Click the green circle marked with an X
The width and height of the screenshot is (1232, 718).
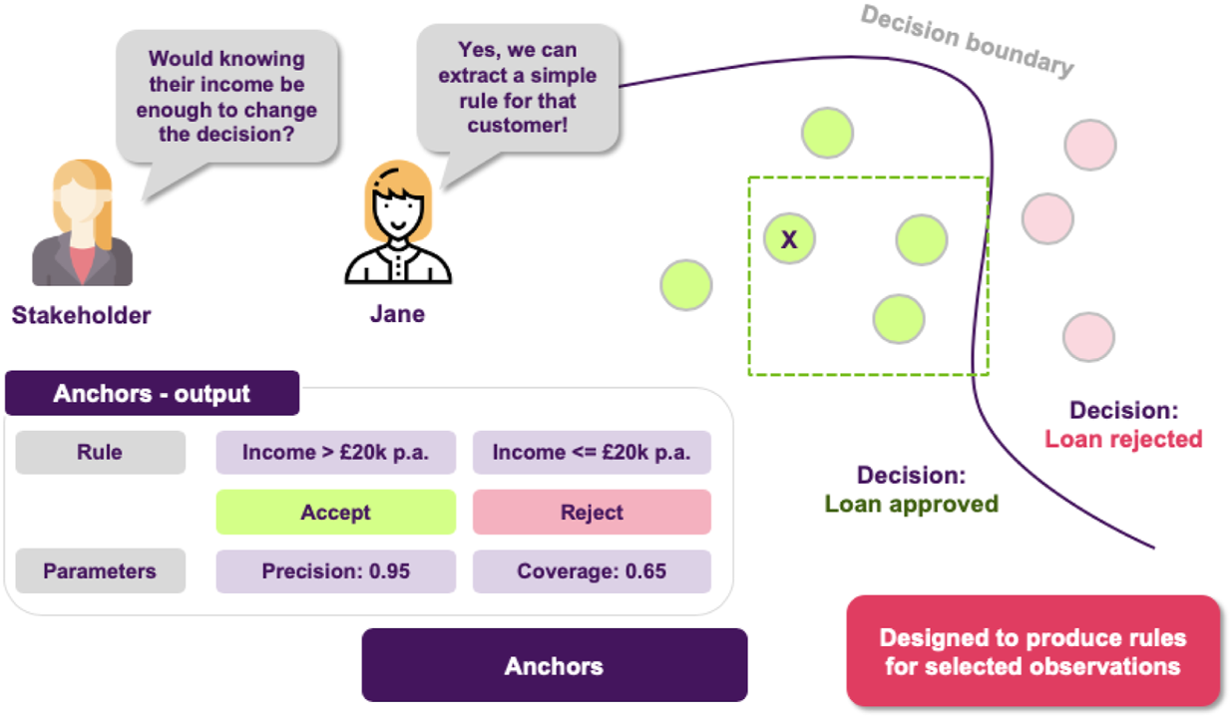(789, 239)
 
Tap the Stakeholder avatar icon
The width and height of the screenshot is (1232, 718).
(82, 225)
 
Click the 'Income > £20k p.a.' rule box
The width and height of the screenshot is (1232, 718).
(335, 453)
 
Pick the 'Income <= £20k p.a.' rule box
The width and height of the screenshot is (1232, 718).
(592, 453)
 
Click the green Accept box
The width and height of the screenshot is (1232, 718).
(335, 513)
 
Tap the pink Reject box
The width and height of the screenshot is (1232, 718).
(592, 513)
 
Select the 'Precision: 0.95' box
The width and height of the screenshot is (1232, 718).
(335, 571)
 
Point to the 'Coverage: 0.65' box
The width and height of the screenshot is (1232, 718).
(592, 571)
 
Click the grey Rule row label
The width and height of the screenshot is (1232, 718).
(100, 453)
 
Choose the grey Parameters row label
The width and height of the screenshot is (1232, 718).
(100, 571)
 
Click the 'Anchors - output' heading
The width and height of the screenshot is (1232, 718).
(152, 394)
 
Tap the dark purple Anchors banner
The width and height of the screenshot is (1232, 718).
(554, 665)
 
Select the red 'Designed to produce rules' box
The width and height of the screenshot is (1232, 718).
(1032, 652)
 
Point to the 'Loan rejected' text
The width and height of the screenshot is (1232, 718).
(1123, 439)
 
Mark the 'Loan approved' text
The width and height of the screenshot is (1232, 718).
(911, 505)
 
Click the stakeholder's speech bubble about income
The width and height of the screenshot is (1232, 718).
(226, 96)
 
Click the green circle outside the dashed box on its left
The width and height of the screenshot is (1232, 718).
(686, 285)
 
